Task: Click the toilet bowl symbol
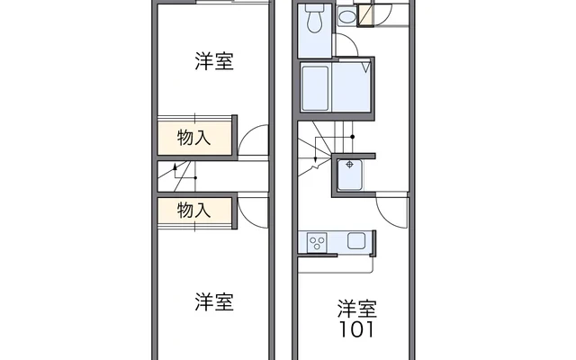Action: coord(314,18)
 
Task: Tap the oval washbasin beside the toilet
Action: coord(346,16)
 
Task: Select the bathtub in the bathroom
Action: coord(315,88)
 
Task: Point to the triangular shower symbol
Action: coord(365,67)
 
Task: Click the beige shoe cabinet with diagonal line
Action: coord(365,14)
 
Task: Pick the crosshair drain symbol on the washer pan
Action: coord(350,165)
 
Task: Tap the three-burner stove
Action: coord(317,243)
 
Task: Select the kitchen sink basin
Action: coord(356,241)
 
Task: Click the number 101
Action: coord(356,329)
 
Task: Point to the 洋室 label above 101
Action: coord(357,309)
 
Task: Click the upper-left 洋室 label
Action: coord(214,61)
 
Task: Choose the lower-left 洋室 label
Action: coord(214,302)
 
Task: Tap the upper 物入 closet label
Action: coord(193,138)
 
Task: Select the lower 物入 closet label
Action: coord(193,211)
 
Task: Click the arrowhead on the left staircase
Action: coord(175,166)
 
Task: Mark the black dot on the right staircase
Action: coord(352,137)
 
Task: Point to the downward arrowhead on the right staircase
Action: coord(315,159)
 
